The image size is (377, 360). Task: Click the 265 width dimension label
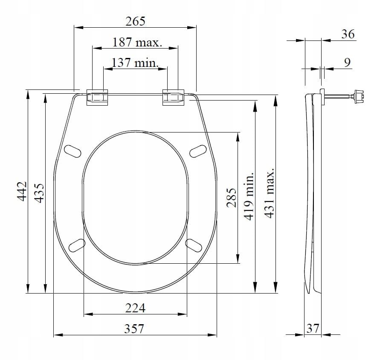135,21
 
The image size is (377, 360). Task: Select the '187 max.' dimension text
137,42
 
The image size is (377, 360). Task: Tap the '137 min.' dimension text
135,63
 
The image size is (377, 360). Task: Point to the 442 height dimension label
22,191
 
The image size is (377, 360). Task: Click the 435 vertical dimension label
39,193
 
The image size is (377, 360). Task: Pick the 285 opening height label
232,198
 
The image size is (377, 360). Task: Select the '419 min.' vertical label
249,196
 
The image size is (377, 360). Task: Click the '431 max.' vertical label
269,193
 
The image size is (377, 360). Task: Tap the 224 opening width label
135,308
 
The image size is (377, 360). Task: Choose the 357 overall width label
134,328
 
